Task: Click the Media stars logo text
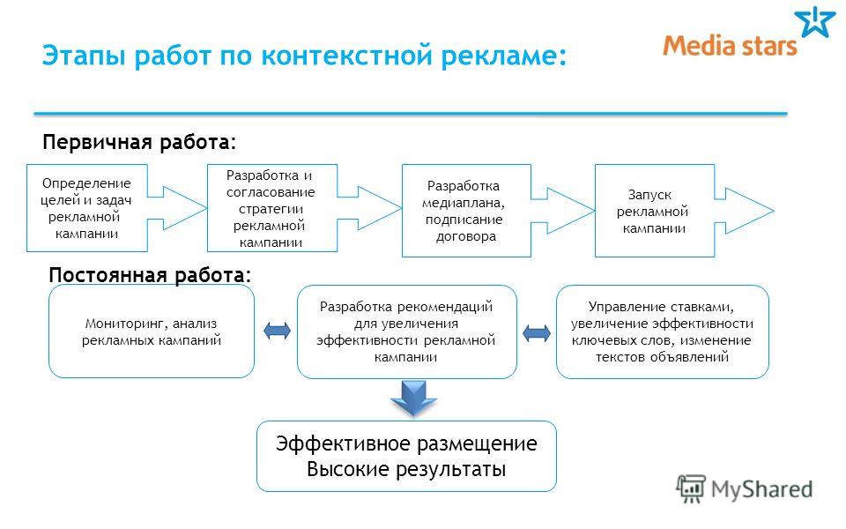(730, 46)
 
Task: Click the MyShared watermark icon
(691, 488)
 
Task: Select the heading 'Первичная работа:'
(139, 143)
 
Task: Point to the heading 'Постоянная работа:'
(150, 275)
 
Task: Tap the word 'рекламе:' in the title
(504, 56)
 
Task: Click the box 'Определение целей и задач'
(87, 208)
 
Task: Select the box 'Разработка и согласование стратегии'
(272, 208)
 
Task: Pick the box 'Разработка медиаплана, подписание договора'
(466, 211)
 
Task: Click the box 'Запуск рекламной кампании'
(655, 211)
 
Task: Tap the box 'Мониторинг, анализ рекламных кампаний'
(151, 332)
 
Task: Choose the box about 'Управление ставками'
(662, 332)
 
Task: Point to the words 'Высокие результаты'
(406, 468)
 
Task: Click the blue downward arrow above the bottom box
(413, 398)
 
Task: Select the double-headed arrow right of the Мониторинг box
(277, 331)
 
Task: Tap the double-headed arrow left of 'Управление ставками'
(537, 332)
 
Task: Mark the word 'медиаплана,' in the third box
(463, 203)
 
